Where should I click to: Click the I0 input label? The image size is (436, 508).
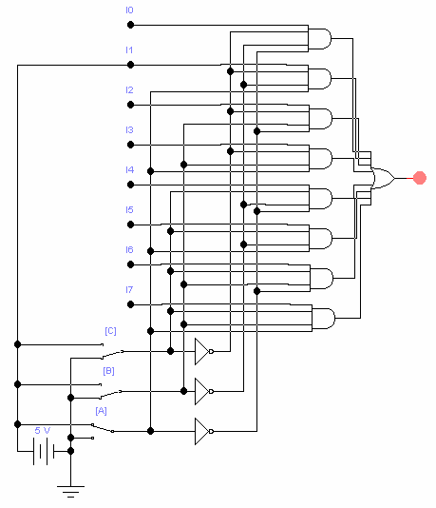129,10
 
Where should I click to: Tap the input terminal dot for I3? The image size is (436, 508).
130,145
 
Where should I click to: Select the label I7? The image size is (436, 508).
129,289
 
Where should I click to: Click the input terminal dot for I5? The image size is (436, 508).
130,225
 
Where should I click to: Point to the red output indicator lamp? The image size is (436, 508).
420,178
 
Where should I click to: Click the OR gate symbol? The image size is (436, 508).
383,178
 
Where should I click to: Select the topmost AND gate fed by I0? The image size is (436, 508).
319,39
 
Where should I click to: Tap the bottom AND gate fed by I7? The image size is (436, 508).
324,319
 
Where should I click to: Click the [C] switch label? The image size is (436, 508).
110,331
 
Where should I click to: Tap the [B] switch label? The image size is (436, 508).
108,371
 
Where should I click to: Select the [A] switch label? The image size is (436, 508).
102,411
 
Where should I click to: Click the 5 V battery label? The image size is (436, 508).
43,431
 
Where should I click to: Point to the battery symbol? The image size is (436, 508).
44,451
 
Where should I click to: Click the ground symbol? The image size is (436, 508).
70,492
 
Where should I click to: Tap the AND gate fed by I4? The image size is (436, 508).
320,198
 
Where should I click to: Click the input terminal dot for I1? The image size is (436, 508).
130,65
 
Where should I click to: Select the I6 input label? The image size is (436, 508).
129,250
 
